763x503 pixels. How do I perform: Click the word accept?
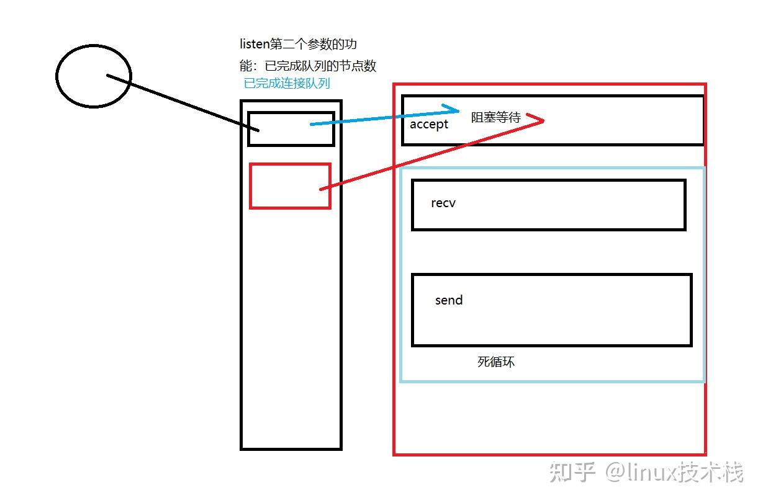(429, 124)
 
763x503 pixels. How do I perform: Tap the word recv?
(443, 203)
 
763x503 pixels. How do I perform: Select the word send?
(449, 300)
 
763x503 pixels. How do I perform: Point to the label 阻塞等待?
(495, 117)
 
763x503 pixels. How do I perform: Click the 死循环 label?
(496, 362)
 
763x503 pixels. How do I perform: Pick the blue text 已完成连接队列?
(287, 83)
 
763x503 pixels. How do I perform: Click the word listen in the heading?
(255, 45)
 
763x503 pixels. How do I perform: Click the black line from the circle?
(180, 102)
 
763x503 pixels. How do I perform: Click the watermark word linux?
(668, 473)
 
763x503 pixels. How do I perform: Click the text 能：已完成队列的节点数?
(308, 65)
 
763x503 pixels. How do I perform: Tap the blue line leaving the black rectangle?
(379, 117)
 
